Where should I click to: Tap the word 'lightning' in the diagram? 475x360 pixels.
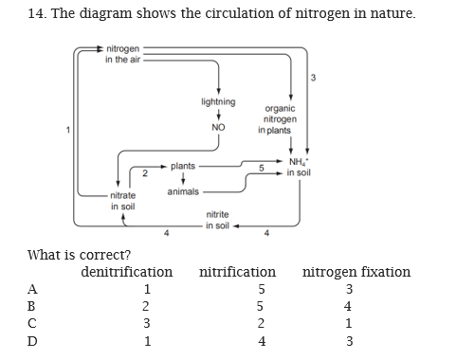(219, 101)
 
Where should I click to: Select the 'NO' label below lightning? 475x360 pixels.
(219, 128)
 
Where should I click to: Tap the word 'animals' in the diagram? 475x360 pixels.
(183, 191)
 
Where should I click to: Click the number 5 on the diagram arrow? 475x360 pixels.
(260, 168)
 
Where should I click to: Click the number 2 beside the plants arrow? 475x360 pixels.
(143, 172)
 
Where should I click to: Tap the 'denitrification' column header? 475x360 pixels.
(127, 272)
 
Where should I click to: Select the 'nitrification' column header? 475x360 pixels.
(238, 272)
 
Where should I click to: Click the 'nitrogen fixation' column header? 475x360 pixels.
(356, 272)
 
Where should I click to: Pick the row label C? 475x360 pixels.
(34, 325)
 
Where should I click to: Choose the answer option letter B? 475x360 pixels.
(34, 307)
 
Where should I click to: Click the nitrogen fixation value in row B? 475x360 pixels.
(349, 307)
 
